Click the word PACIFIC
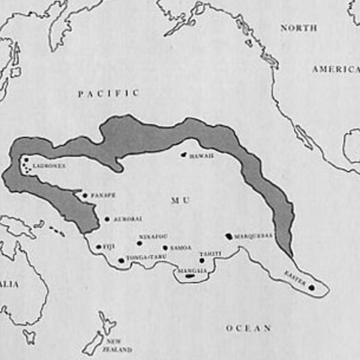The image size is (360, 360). pyautogui.click(x=109, y=93)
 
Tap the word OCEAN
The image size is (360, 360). pyautogui.click(x=248, y=328)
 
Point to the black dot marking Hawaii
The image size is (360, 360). pyautogui.click(x=183, y=154)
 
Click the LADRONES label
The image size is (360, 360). pyautogui.click(x=49, y=166)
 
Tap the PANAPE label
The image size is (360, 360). pyautogui.click(x=103, y=196)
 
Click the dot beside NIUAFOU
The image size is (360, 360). pyautogui.click(x=139, y=242)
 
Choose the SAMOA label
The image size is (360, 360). pyautogui.click(x=180, y=247)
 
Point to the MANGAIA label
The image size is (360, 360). pyautogui.click(x=190, y=268)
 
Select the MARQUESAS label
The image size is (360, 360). pyautogui.click(x=253, y=235)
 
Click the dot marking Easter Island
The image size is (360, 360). pyautogui.click(x=311, y=286)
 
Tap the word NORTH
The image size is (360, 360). pyautogui.click(x=298, y=28)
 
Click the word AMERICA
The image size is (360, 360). pyautogui.click(x=335, y=69)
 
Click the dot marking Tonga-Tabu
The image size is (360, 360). pyautogui.click(x=121, y=260)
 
